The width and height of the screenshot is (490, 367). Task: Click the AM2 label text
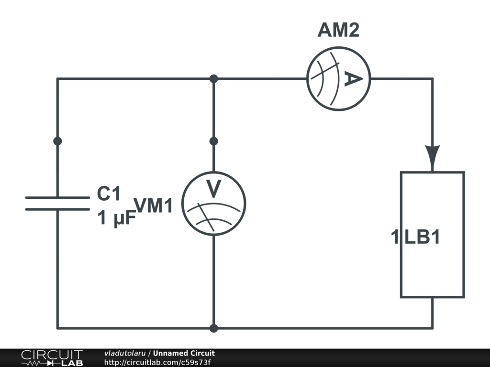pyautogui.click(x=338, y=31)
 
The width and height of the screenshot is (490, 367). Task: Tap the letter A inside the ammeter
pyautogui.click(x=352, y=79)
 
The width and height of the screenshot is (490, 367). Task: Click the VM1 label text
pyautogui.click(x=153, y=205)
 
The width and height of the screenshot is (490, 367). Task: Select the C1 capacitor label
pyautogui.click(x=109, y=194)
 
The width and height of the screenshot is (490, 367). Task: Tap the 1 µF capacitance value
pyautogui.click(x=117, y=219)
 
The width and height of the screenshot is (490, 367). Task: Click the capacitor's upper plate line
pyautogui.click(x=57, y=197)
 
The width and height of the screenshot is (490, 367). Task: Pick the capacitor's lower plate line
pyautogui.click(x=57, y=209)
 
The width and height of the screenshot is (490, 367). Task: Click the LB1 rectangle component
pyautogui.click(x=432, y=268)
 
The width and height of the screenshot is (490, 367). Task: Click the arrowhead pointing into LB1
pyautogui.click(x=433, y=157)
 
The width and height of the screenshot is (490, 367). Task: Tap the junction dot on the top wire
pyautogui.click(x=214, y=79)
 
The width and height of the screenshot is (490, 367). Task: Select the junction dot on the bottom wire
pyautogui.click(x=214, y=328)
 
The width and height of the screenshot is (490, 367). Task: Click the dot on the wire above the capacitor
pyautogui.click(x=57, y=141)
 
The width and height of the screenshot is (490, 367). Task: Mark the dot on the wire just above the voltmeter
pyautogui.click(x=214, y=141)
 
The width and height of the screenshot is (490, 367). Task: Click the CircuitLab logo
pyautogui.click(x=52, y=358)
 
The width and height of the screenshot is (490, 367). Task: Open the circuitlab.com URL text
pyautogui.click(x=157, y=362)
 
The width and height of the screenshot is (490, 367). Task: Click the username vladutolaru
pyautogui.click(x=125, y=354)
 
